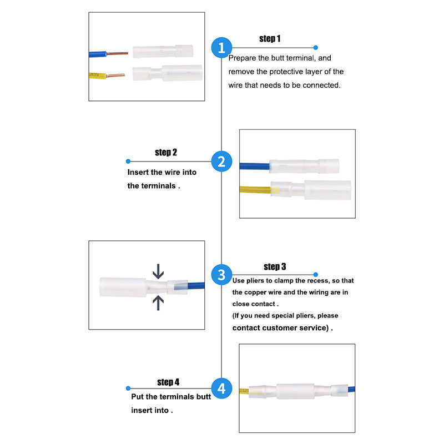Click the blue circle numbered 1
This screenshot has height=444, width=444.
(x=221, y=48)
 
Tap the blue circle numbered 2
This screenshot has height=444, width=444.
(x=221, y=162)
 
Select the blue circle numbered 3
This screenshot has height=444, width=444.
(x=221, y=275)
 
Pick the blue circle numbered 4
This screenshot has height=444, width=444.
(x=221, y=388)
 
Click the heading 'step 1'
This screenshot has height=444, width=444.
(x=270, y=39)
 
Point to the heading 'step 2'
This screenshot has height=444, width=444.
(x=166, y=152)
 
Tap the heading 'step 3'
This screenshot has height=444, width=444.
(x=275, y=266)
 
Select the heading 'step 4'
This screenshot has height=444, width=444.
(x=168, y=382)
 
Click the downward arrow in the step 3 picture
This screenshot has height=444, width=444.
(x=158, y=271)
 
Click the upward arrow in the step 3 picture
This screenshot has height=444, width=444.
(x=158, y=302)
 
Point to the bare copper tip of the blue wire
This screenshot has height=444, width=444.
(x=117, y=53)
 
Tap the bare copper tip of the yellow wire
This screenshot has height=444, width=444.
(x=115, y=75)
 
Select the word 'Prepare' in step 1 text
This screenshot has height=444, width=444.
(x=242, y=58)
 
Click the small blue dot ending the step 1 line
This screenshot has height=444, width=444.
(x=316, y=48)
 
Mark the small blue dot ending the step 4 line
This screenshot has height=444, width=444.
(x=128, y=388)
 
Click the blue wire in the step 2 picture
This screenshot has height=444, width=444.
(x=254, y=166)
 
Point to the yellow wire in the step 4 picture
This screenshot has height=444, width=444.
(x=244, y=391)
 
